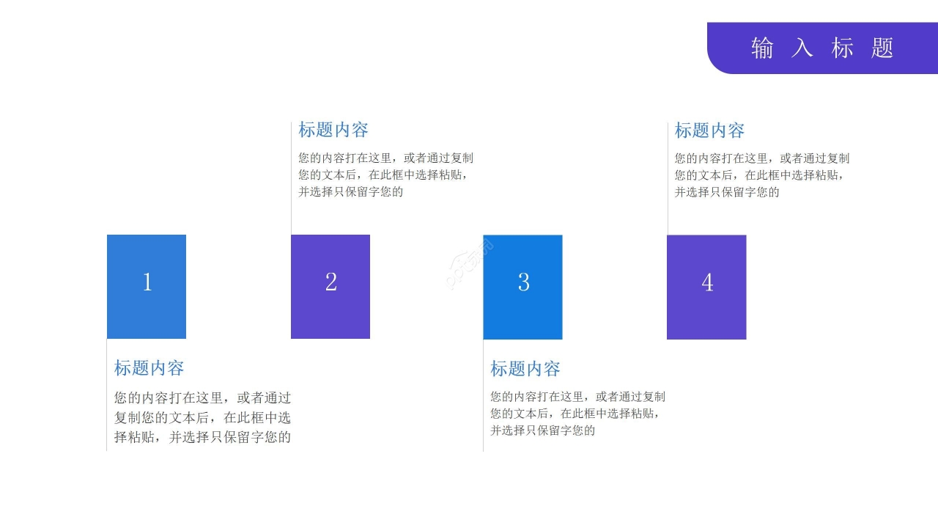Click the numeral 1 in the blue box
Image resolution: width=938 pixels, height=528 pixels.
[147, 282]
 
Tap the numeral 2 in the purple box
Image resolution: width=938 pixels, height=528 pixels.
[330, 282]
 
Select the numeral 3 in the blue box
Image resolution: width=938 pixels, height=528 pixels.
[523, 282]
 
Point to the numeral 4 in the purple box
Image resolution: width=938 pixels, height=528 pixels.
[707, 282]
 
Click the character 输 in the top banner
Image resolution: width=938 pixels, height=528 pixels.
[762, 48]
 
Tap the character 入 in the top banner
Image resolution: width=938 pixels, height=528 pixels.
[802, 48]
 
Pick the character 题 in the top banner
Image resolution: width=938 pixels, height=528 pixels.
[882, 48]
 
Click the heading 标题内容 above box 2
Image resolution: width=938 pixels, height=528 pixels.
[333, 130]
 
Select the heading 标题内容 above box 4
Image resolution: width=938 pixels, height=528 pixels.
[709, 131]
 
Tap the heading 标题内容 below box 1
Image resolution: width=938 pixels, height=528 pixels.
[149, 368]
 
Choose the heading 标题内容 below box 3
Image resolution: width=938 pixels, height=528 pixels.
[525, 369]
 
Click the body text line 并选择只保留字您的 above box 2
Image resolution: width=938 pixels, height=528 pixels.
[350, 192]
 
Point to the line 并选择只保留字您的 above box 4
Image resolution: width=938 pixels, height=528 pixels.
[727, 192]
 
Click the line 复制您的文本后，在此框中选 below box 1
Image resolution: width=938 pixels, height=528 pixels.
[202, 417]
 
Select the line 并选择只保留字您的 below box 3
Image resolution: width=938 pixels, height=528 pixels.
[543, 430]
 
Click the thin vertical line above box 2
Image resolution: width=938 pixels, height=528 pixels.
[291, 178]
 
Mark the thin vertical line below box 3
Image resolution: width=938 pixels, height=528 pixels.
[483, 395]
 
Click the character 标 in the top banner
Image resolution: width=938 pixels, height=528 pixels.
[842, 48]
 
